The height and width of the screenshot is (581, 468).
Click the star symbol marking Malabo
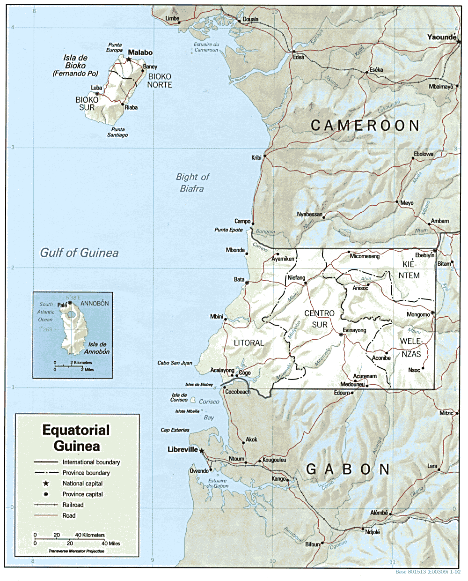tap(128, 60)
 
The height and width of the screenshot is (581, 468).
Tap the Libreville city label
tap(183, 449)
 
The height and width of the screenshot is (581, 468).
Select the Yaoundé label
tap(441, 37)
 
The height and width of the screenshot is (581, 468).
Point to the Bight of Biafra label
tap(192, 183)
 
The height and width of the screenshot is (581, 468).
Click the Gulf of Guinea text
tap(79, 253)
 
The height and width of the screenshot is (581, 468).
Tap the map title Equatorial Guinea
tap(76, 438)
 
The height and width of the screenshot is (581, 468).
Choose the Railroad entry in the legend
tap(73, 505)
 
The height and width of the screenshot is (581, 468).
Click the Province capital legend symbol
tap(46, 494)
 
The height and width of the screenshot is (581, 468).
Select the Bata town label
tap(239, 280)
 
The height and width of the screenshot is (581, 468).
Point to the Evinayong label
tap(354, 330)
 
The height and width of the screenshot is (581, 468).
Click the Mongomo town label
tap(418, 314)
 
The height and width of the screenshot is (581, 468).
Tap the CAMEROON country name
tap(365, 126)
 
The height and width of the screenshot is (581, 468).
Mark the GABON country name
tap(348, 469)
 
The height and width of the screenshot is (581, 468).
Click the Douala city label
tap(250, 20)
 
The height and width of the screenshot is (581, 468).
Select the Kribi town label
tap(256, 158)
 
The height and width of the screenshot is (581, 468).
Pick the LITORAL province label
tap(249, 343)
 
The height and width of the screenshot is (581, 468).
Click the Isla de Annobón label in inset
tap(97, 348)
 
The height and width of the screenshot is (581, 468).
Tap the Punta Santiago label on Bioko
tap(117, 132)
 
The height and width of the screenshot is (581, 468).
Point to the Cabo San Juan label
tap(175, 363)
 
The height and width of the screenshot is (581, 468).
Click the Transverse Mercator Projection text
tap(76, 551)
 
